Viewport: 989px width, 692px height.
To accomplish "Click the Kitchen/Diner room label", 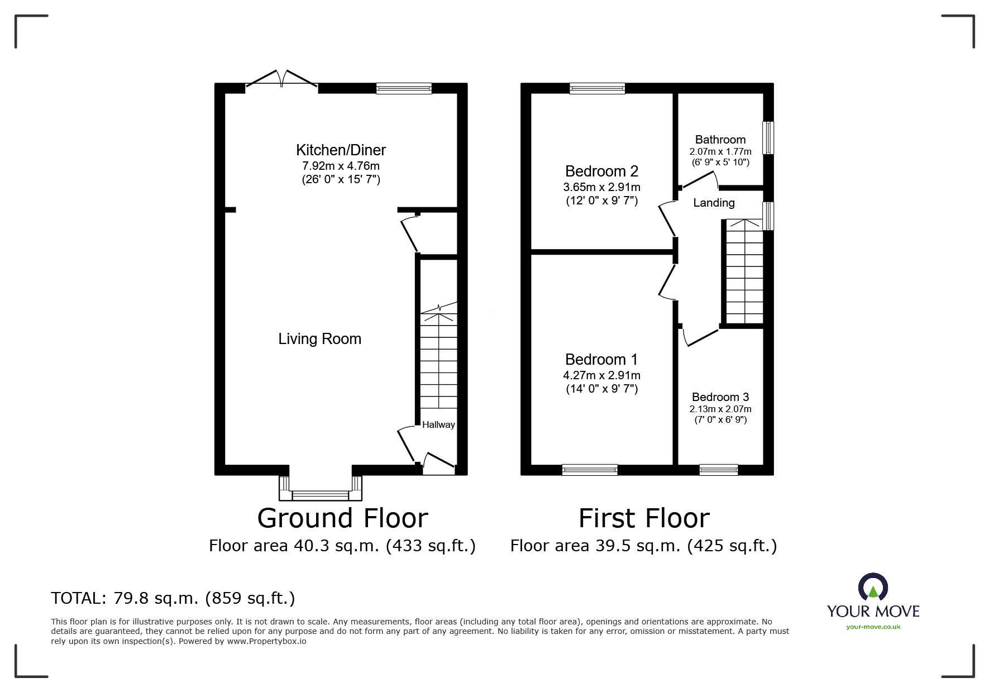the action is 341,150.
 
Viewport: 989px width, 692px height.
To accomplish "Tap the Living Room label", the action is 320,339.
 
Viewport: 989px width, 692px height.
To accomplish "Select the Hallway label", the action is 438,424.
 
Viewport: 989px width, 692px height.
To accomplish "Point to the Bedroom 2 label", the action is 601,171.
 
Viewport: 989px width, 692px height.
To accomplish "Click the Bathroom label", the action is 720,140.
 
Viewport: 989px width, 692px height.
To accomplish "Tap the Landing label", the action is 714,203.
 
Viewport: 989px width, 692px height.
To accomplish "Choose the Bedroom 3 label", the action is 720,397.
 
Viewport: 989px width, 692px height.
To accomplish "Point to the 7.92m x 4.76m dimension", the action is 341,166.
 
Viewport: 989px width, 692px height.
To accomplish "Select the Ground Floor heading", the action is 342,518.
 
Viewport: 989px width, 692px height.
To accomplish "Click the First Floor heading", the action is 644,518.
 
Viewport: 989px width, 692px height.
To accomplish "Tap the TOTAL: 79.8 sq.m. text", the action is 125,598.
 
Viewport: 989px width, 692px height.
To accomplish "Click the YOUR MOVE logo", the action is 873,596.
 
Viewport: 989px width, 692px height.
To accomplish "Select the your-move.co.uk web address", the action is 873,627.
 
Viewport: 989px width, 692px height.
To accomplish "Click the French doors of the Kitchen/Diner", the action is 282,80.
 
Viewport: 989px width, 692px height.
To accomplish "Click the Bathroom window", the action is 768,137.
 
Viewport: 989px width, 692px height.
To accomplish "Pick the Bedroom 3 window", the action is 719,470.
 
